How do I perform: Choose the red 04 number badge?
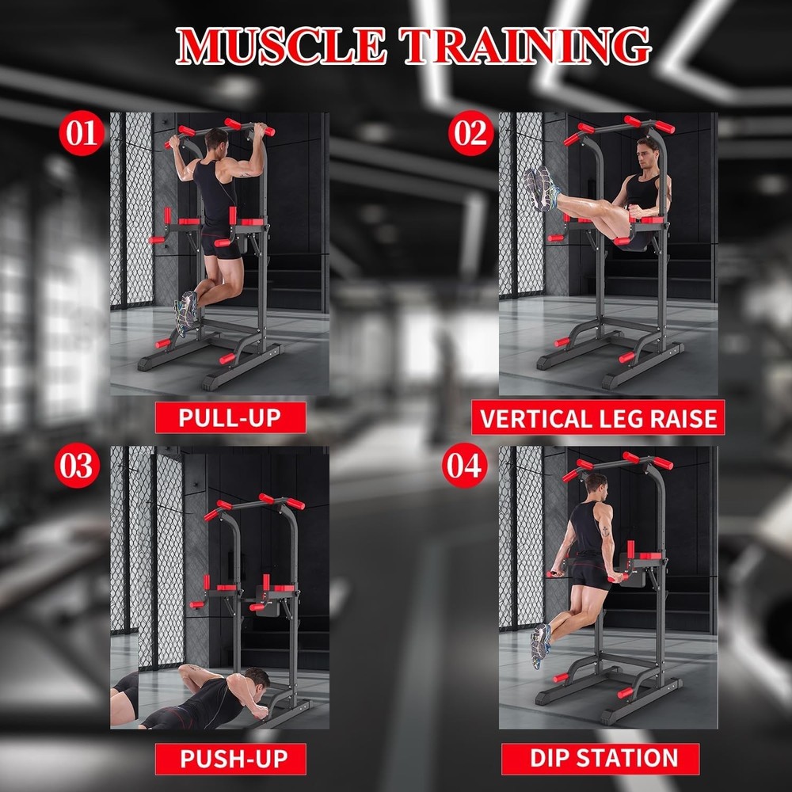point(464,466)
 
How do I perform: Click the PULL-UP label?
point(230,417)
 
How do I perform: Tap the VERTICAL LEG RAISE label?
point(598,417)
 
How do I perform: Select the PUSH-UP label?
point(231,759)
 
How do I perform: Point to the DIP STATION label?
point(600,758)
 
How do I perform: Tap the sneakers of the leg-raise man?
point(540,188)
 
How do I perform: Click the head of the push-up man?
point(255,678)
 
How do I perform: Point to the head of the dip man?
point(596,484)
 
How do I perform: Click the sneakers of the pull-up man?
point(186,310)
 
